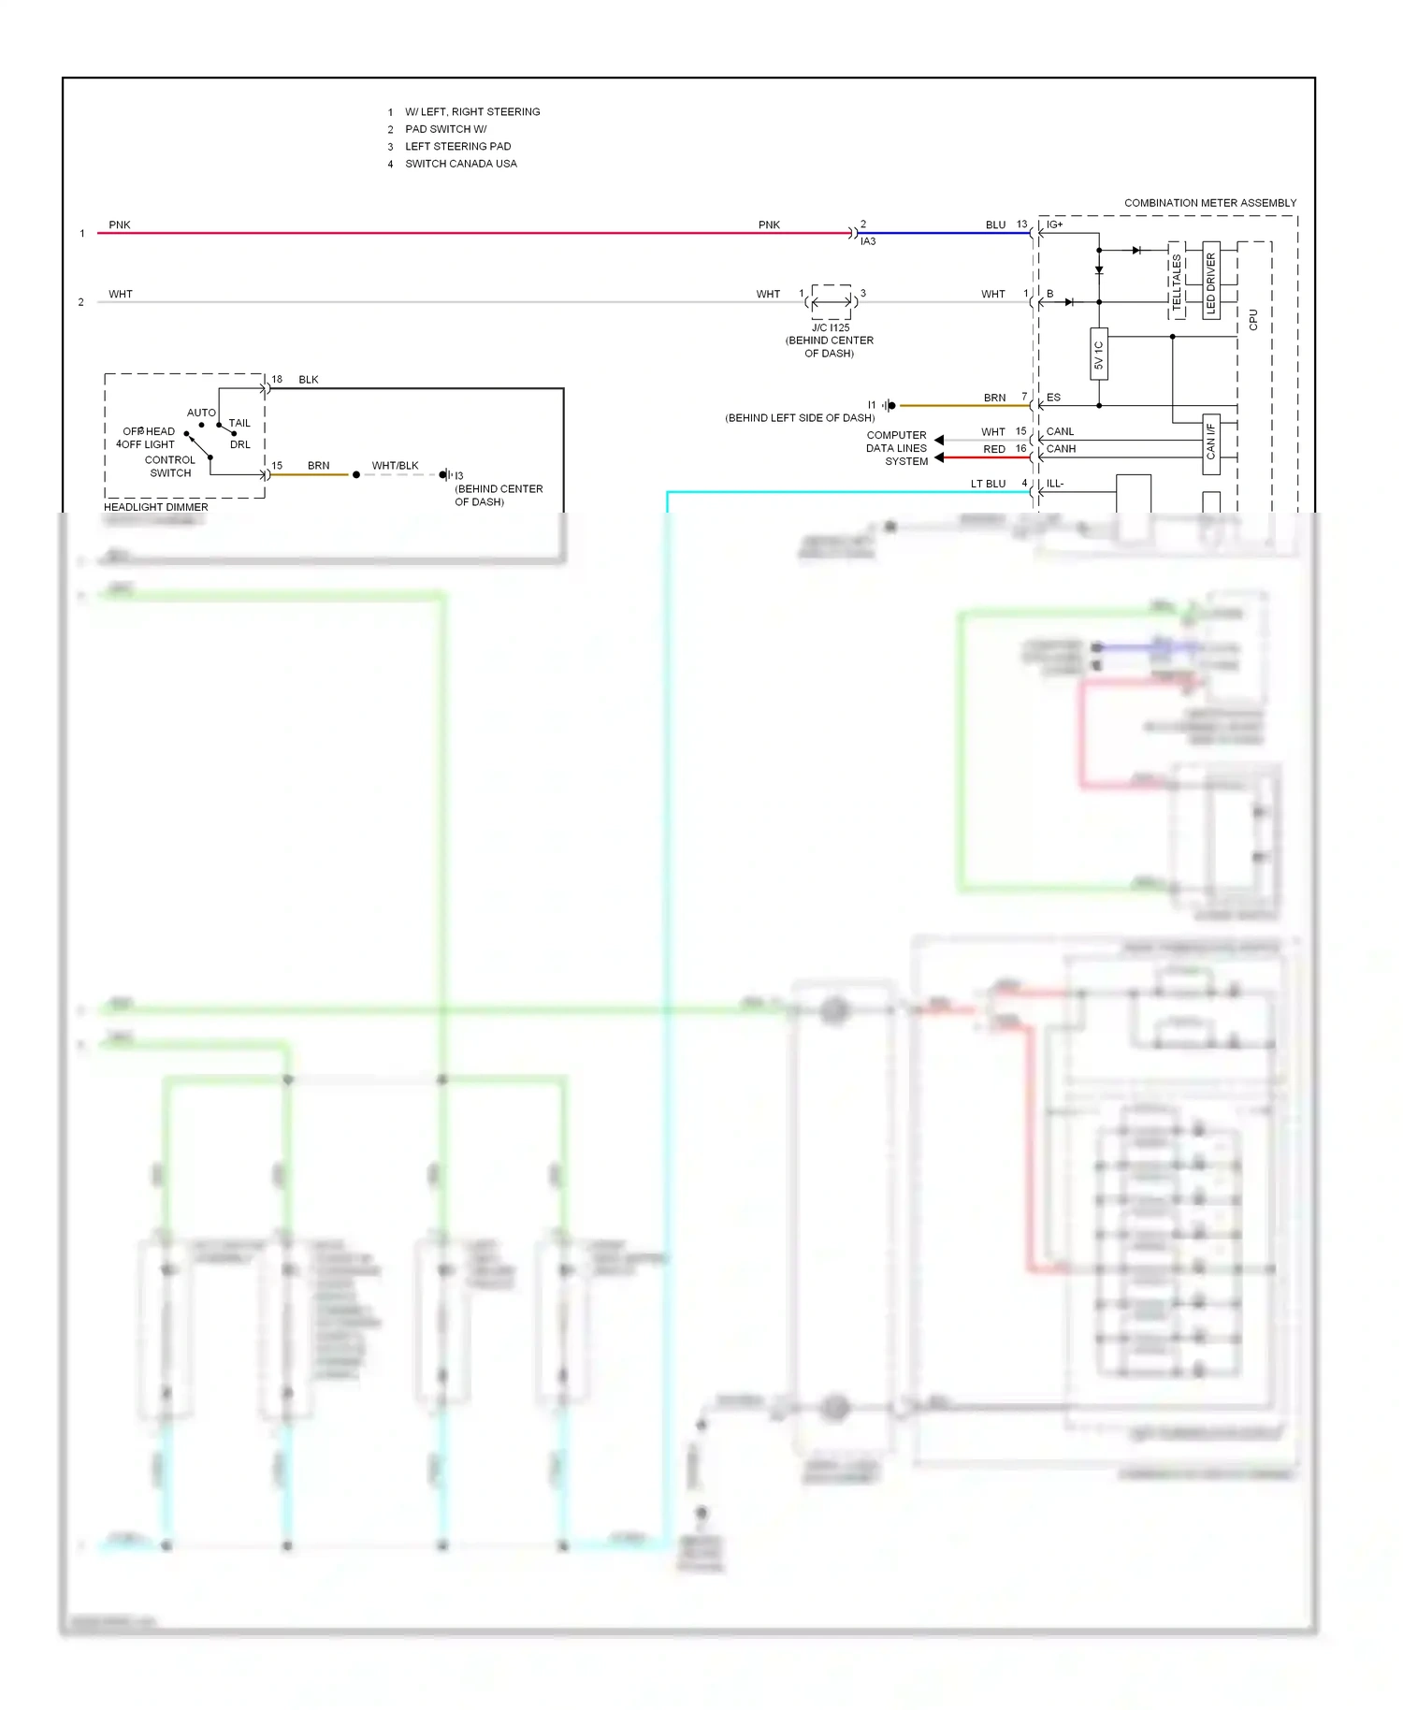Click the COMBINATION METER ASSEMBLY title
click(x=1209, y=203)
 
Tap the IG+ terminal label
click(x=1054, y=225)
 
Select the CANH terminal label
click(x=1061, y=449)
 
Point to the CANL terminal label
click(x=1060, y=432)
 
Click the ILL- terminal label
click(x=1054, y=484)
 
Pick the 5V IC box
click(x=1099, y=354)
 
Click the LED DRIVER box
click(x=1210, y=280)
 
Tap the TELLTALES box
click(x=1177, y=280)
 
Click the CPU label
click(x=1253, y=319)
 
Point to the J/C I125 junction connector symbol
click(x=831, y=301)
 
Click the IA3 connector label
click(x=868, y=241)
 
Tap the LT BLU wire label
click(x=988, y=484)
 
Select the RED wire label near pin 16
click(x=993, y=449)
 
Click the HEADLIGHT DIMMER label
click(x=156, y=507)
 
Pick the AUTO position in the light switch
click(x=201, y=413)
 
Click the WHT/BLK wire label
click(x=395, y=466)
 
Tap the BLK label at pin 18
click(x=309, y=380)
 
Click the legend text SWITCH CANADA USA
click(x=460, y=164)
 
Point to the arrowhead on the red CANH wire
click(x=939, y=457)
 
